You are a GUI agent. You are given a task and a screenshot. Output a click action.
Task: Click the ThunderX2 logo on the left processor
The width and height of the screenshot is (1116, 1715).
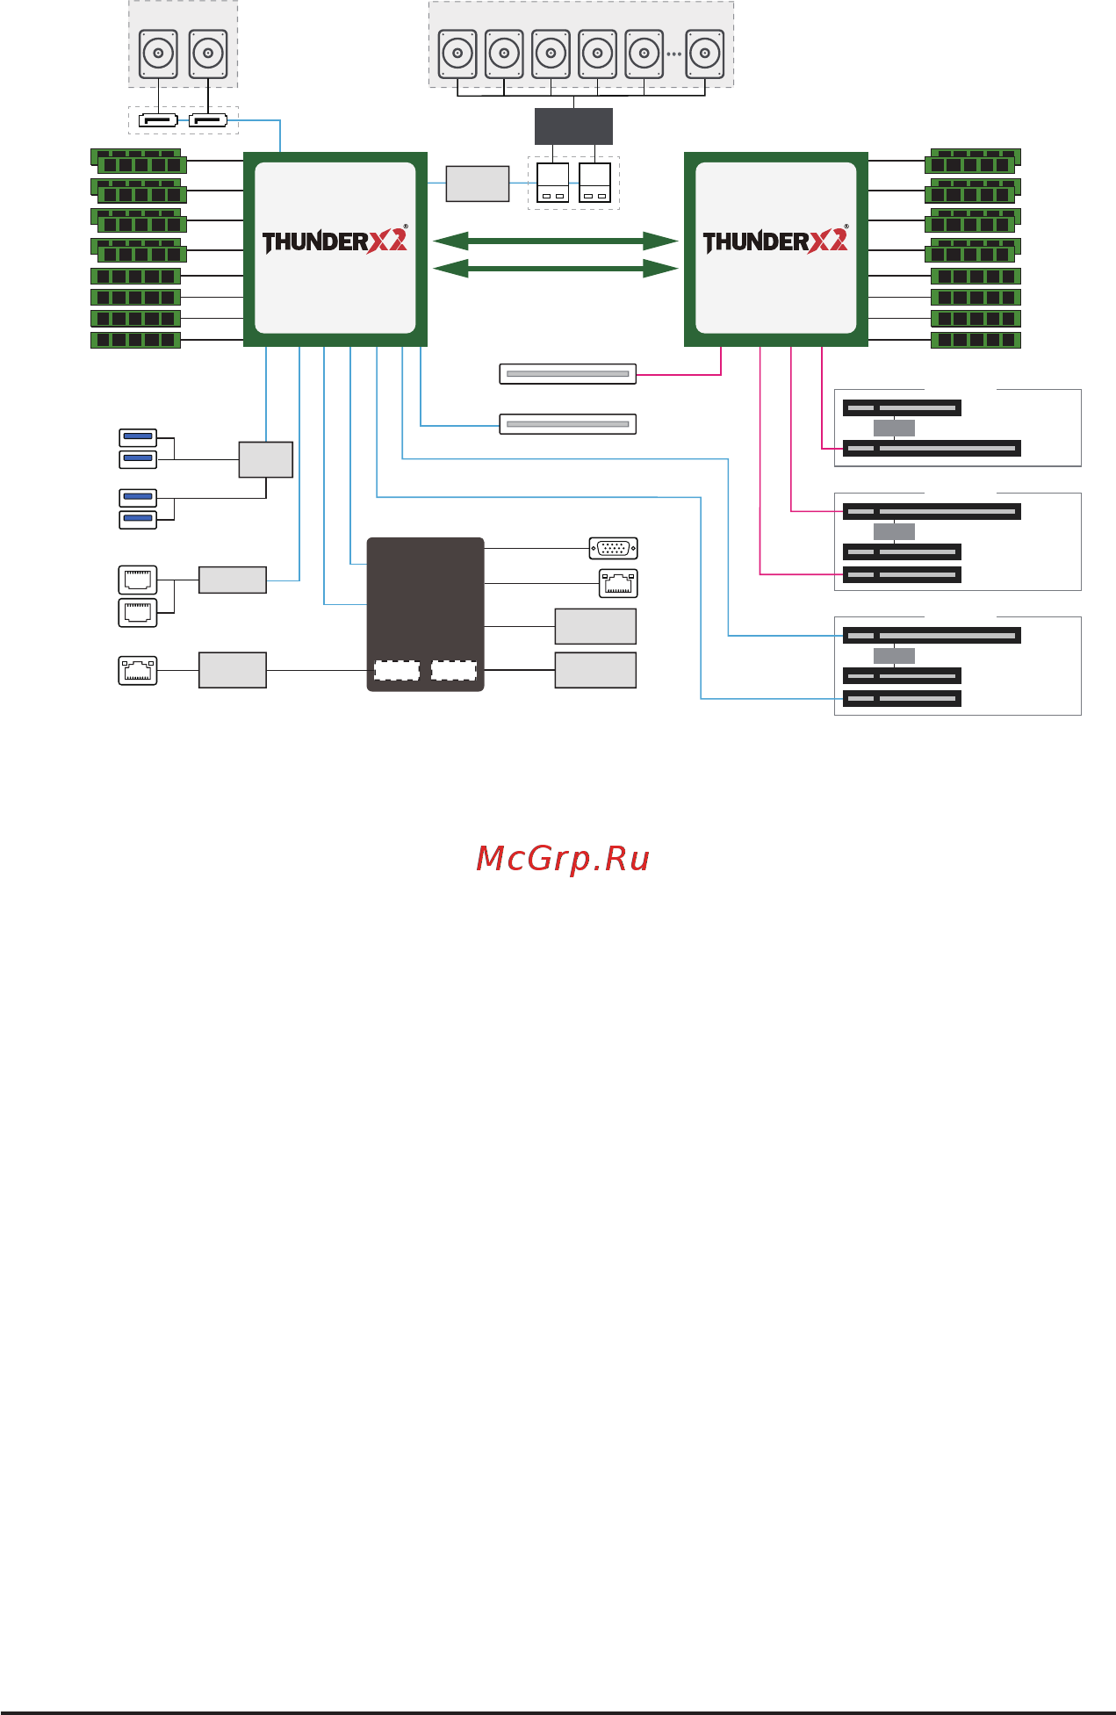335,241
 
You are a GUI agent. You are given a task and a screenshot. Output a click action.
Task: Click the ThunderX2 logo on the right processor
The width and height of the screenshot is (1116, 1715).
775,241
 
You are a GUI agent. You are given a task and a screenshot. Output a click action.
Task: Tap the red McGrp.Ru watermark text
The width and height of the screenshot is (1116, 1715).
562,859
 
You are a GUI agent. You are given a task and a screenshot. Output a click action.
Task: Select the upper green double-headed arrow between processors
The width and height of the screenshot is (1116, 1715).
556,241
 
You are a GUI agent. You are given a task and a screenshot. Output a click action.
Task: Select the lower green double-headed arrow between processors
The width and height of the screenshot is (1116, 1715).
556,269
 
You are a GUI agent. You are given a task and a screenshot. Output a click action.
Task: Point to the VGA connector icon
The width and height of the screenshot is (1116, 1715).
613,548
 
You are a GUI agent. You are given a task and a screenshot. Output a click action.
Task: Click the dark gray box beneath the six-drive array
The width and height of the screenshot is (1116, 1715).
573,126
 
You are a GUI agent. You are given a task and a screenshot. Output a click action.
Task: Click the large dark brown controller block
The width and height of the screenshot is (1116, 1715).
425,597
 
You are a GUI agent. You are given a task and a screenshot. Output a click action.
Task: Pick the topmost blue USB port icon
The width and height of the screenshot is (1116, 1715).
138,436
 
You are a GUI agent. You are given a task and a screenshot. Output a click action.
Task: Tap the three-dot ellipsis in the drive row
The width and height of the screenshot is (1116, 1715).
673,54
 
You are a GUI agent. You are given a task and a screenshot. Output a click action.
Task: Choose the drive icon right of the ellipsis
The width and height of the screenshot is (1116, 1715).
705,54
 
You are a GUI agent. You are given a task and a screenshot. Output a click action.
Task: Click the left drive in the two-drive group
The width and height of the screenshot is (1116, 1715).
159,54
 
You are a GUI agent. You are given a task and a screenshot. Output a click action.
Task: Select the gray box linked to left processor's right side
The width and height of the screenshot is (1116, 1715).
478,184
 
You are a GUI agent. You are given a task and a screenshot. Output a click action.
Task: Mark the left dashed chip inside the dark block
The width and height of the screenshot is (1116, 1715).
397,671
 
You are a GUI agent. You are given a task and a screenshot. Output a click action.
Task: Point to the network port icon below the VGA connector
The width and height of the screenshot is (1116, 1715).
618,583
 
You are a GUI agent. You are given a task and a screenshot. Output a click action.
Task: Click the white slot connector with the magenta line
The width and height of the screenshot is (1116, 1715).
568,374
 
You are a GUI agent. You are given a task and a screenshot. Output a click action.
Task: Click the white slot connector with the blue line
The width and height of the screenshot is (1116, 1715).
568,424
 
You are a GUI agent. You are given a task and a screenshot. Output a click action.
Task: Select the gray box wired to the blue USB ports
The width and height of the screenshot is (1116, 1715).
266,459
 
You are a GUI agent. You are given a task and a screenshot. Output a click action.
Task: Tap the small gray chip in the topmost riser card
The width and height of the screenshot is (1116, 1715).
894,428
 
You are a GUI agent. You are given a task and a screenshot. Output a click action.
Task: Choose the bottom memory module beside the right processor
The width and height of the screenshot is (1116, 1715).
976,340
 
